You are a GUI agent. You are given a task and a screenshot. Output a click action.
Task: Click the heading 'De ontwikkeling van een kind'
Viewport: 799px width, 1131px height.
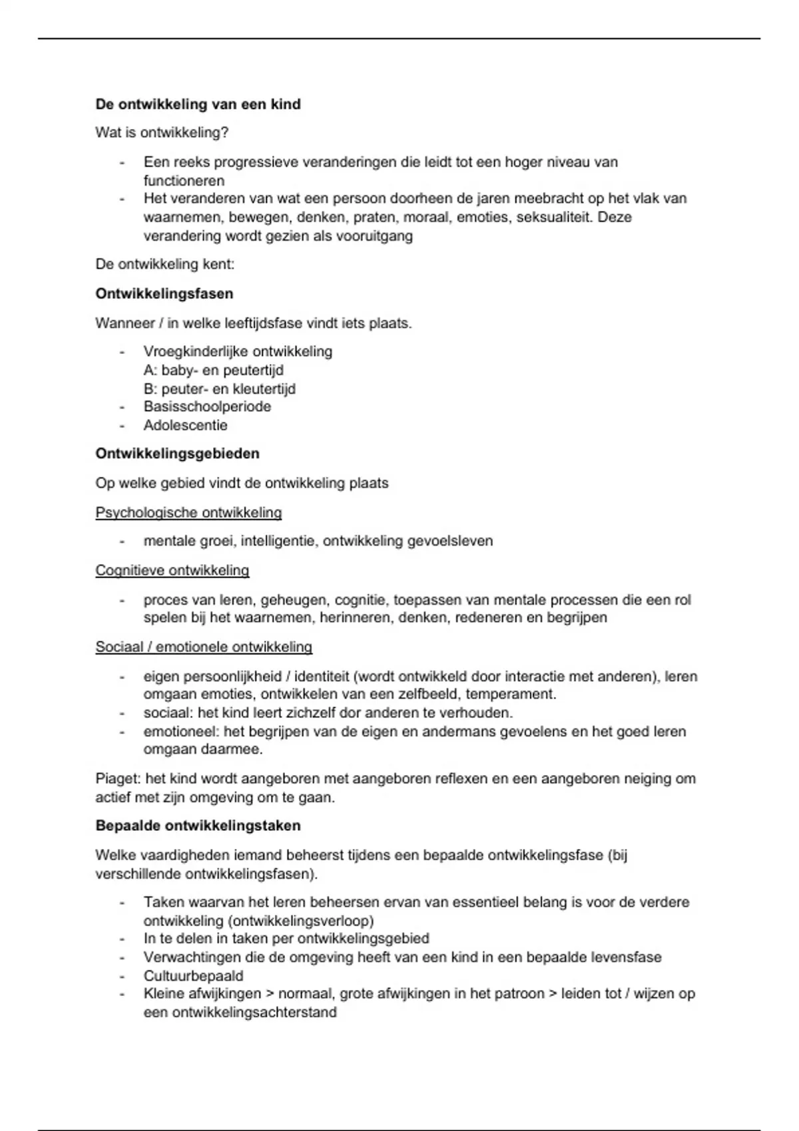[x=198, y=104]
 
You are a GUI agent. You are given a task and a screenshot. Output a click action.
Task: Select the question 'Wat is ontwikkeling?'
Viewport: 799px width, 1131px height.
[x=162, y=133]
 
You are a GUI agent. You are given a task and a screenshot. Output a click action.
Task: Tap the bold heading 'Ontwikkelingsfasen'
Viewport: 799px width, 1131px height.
[x=164, y=294]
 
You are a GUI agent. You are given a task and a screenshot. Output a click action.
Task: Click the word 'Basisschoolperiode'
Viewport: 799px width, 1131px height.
[x=207, y=406]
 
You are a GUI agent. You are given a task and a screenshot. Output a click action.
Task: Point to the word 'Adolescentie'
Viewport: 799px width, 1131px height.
[x=185, y=425]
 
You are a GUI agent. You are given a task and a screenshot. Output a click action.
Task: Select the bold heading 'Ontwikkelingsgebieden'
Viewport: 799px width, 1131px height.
[x=177, y=454]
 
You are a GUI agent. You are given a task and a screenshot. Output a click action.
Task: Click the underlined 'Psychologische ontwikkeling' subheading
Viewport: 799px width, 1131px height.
[x=188, y=513]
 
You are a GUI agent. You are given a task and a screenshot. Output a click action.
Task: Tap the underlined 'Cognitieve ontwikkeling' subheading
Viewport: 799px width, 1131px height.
[x=172, y=571]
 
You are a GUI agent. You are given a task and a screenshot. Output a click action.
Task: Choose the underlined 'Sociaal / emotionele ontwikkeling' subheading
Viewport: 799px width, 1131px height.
[x=204, y=647]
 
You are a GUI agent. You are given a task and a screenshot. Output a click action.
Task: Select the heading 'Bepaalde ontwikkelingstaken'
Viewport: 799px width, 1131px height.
[x=198, y=826]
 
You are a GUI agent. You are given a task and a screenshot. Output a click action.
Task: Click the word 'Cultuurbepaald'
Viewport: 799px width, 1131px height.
[x=193, y=976]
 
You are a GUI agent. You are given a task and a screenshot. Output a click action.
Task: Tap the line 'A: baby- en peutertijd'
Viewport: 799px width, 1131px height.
[x=213, y=370]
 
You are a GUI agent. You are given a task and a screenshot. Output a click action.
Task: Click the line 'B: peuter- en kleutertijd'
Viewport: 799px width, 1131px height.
[x=219, y=389]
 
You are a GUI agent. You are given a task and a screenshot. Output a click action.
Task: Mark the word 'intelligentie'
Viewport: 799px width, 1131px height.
[x=278, y=542]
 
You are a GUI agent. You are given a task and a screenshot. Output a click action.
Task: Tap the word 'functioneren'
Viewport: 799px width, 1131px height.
[x=184, y=181]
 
